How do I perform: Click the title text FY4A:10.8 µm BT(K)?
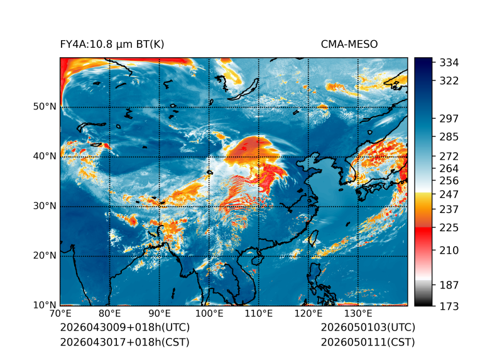(x=112, y=45)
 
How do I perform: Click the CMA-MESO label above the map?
(x=349, y=45)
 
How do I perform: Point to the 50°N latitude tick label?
(x=45, y=107)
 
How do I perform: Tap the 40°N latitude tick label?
(x=45, y=156)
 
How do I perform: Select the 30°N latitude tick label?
(x=45, y=206)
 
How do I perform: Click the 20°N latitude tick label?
(x=45, y=256)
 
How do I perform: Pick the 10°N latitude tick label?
(x=45, y=305)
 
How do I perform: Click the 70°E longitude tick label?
(x=60, y=314)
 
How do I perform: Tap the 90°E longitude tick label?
(x=160, y=314)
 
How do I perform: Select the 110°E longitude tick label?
(x=259, y=314)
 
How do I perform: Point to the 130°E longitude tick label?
(x=358, y=314)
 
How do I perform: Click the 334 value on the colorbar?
(x=449, y=63)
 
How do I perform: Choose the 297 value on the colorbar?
(x=449, y=119)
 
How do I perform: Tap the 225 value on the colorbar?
(x=449, y=228)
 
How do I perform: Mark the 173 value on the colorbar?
(x=449, y=306)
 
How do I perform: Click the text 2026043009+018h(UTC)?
(x=125, y=327)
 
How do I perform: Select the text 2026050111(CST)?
(x=368, y=342)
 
